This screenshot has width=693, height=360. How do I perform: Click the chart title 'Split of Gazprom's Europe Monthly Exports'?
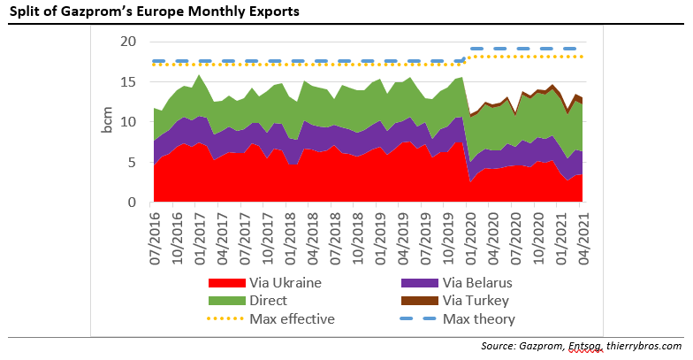pyautogui.click(x=154, y=12)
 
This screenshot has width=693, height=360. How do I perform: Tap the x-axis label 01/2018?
pyautogui.click(x=293, y=236)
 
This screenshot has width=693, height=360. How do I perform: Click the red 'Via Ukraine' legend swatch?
pyautogui.click(x=225, y=284)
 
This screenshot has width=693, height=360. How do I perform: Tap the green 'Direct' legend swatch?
pyautogui.click(x=225, y=302)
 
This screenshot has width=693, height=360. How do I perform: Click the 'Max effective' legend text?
pyautogui.click(x=292, y=318)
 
